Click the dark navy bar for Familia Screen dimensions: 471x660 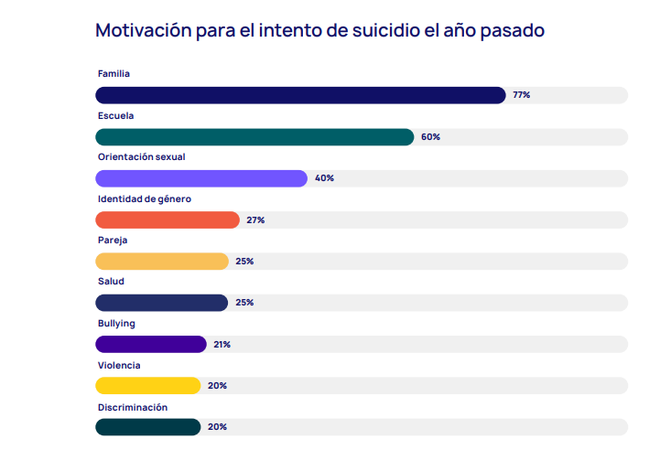300,95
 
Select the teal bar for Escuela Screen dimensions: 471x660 254,137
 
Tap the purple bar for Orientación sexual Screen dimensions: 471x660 201,178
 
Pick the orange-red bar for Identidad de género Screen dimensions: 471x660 168,219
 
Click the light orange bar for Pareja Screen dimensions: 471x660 162,262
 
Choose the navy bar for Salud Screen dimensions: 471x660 162,303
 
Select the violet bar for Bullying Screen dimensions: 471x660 151,344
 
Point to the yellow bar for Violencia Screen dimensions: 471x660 148,385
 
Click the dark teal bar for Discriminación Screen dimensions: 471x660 148,427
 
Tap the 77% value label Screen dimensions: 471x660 522,95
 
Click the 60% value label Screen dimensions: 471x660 430,137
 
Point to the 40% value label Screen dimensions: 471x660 324,178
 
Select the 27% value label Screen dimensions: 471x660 255,219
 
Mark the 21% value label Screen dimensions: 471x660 222,344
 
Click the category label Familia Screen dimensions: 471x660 114,73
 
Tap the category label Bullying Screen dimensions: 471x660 116,323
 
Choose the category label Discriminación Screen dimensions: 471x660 133,407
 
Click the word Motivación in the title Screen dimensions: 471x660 142,30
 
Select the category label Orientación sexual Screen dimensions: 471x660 141,157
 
